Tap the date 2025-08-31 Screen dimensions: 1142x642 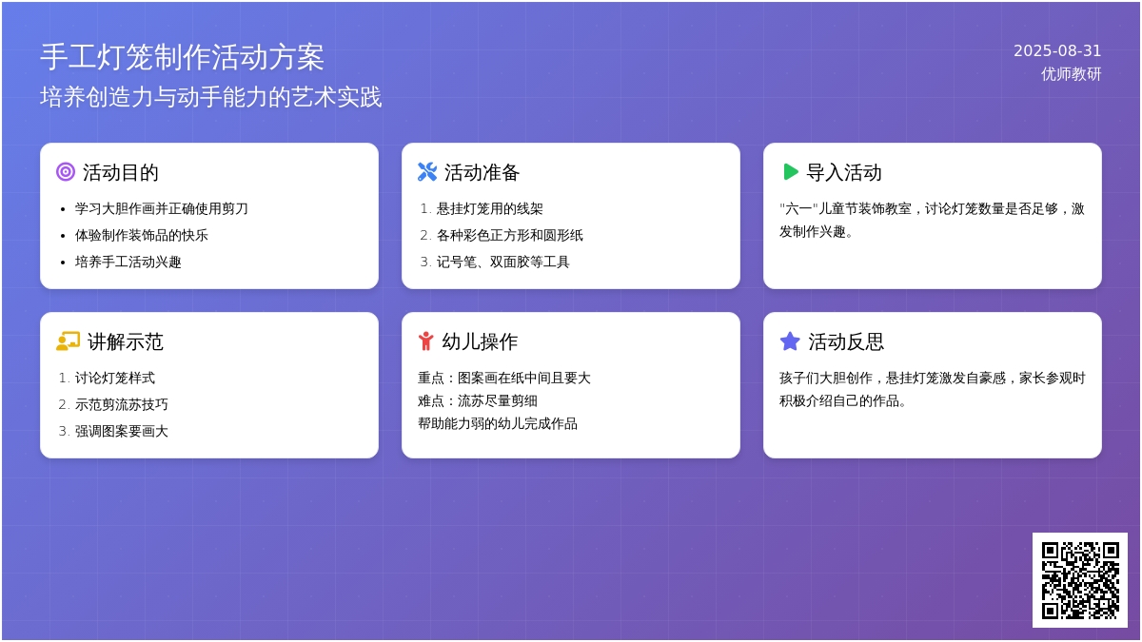tap(1057, 51)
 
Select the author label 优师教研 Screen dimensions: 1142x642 tap(1071, 74)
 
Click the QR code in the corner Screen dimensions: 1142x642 tap(1080, 580)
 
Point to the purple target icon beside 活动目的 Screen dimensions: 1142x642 tap(66, 172)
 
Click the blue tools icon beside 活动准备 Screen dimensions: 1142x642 tap(427, 172)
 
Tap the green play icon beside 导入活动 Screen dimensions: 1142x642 tap(790, 172)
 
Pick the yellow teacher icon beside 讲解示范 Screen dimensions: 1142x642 tap(68, 340)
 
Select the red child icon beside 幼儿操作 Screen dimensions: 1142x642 tap(425, 340)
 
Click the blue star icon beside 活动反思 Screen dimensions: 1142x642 tap(790, 340)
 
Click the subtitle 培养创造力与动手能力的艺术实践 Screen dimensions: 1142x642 tap(210, 97)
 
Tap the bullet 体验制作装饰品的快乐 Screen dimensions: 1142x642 tap(141, 236)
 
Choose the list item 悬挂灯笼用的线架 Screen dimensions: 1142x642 tap(489, 208)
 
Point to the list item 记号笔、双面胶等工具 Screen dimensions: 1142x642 tap(502, 262)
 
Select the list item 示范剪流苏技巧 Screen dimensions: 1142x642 tap(122, 404)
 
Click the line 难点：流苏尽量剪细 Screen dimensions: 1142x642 tap(478, 401)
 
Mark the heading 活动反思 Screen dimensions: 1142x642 tap(846, 341)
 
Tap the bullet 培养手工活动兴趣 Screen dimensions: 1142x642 tap(128, 262)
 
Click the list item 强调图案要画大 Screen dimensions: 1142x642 tap(122, 431)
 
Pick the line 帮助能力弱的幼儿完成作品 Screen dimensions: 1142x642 tap(498, 423)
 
